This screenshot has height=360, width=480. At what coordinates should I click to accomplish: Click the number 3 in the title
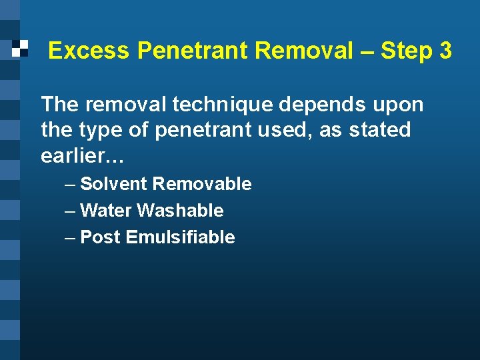445,51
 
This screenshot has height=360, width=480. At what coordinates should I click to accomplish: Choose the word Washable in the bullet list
180,211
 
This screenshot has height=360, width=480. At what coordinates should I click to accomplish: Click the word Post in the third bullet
100,237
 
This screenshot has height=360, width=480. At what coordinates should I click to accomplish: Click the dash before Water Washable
70,211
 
